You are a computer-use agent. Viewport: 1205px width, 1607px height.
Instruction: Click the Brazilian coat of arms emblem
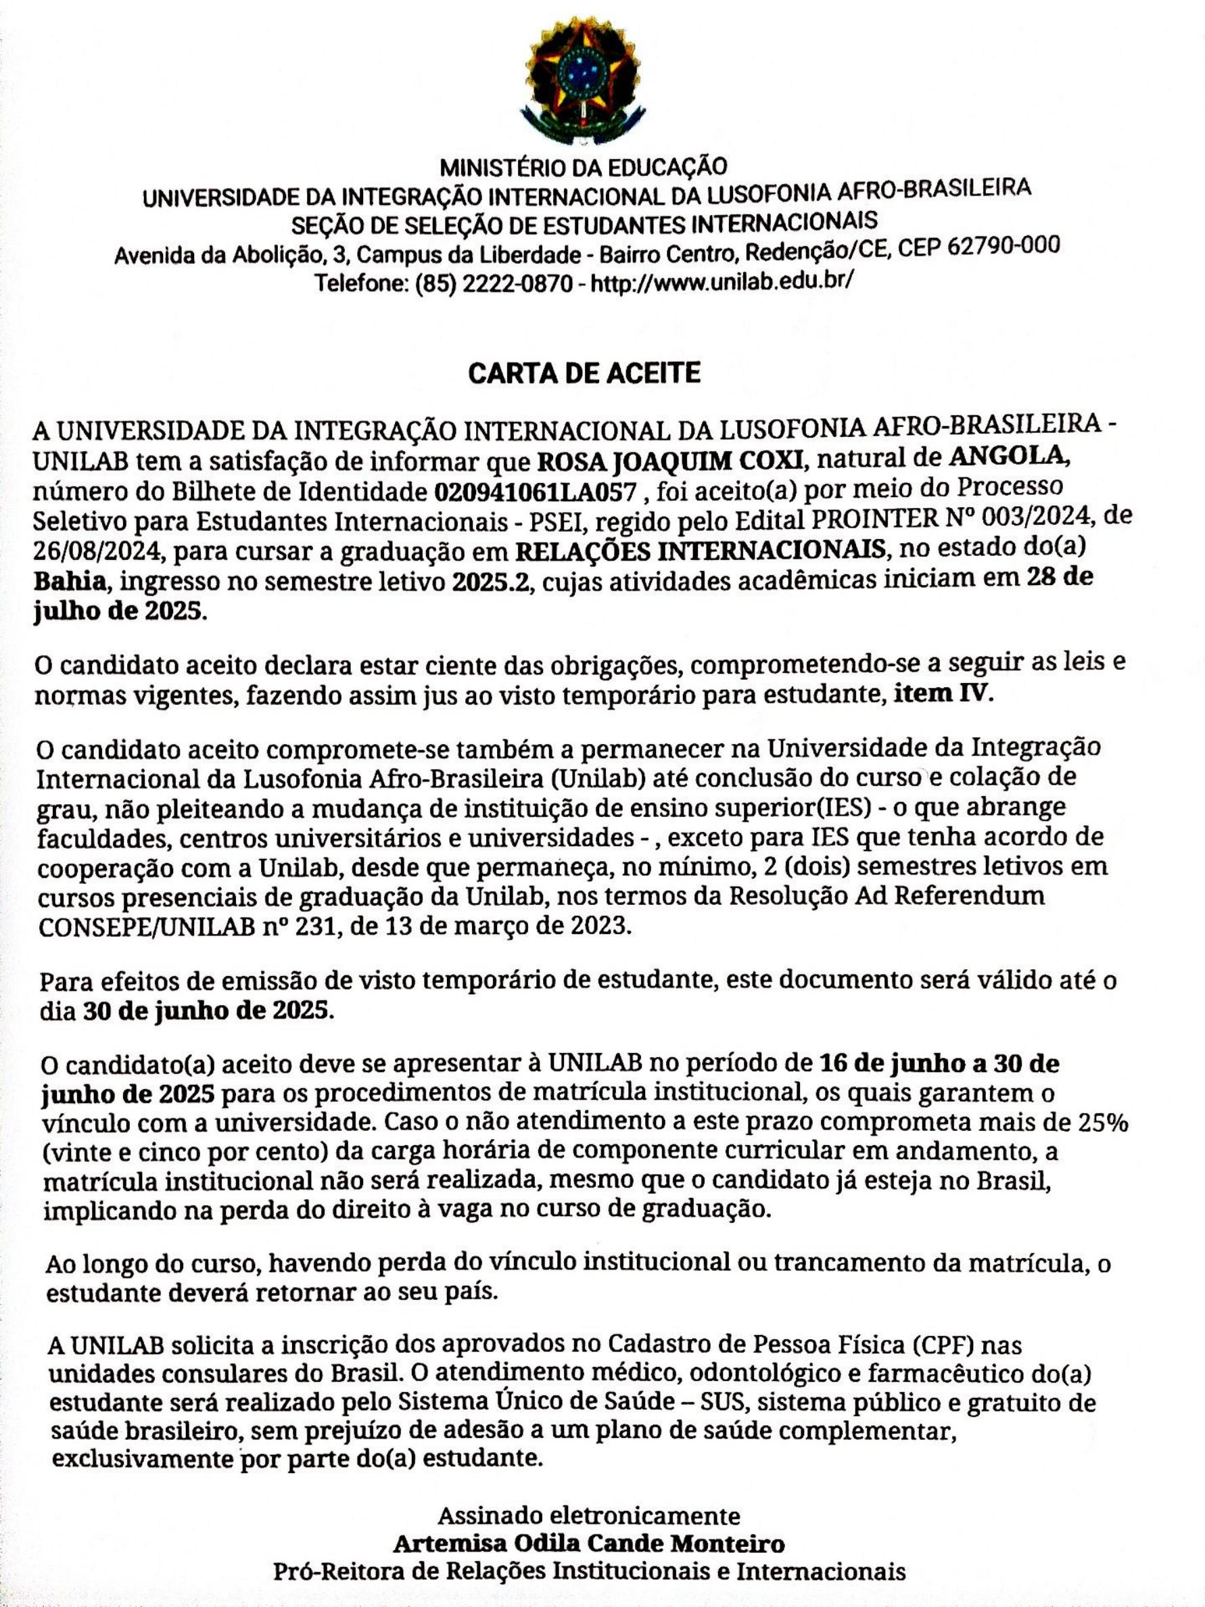pyautogui.click(x=584, y=80)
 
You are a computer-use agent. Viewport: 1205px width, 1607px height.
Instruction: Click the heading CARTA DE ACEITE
pyautogui.click(x=584, y=373)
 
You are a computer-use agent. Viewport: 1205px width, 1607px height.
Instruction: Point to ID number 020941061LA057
pyautogui.click(x=536, y=492)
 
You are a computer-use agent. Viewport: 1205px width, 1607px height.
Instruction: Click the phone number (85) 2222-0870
pyautogui.click(x=494, y=283)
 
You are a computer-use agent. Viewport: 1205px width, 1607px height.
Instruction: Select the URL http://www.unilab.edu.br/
pyautogui.click(x=722, y=281)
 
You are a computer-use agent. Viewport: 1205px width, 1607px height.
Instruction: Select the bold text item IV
pyautogui.click(x=941, y=694)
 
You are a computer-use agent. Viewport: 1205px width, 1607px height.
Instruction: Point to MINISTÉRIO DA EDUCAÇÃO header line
pyautogui.click(x=584, y=167)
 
